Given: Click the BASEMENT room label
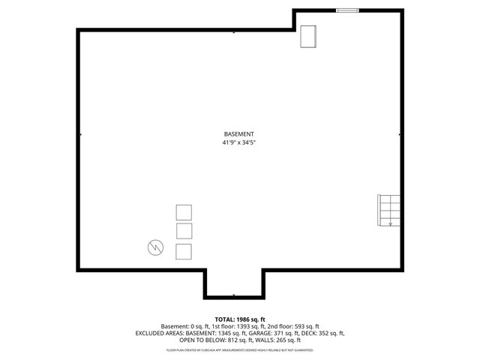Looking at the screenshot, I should click(x=239, y=133).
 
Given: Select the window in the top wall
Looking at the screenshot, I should click(x=347, y=10).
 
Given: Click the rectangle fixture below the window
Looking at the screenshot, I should click(x=309, y=37).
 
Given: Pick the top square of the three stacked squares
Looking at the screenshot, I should click(x=184, y=211).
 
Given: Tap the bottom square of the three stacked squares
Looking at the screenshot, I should click(x=184, y=251).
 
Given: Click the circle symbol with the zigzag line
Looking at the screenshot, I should click(x=155, y=247).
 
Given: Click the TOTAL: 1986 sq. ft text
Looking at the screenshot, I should click(x=239, y=319).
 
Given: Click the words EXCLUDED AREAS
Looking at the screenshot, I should click(x=159, y=333).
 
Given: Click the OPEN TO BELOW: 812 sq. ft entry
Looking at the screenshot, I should click(x=214, y=340).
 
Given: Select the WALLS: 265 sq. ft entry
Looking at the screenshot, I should click(x=283, y=340).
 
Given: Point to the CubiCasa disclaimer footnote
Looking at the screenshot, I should click(x=239, y=350).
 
